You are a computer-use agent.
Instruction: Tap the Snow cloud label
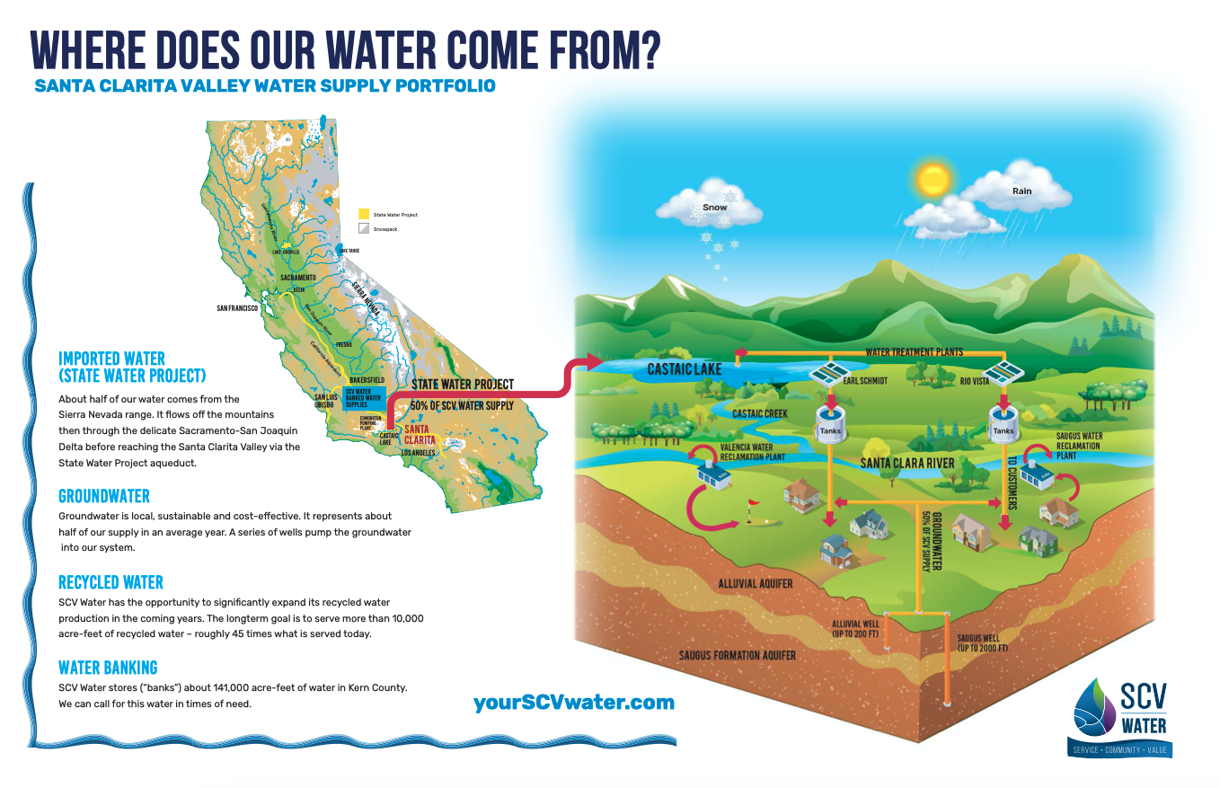pyautogui.click(x=715, y=208)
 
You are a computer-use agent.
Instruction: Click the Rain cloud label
pyautogui.click(x=1022, y=190)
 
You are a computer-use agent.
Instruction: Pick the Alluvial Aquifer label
pyautogui.click(x=756, y=584)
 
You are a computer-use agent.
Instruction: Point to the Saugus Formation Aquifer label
pyautogui.click(x=738, y=655)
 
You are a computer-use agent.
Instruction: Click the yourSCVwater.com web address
pyautogui.click(x=574, y=702)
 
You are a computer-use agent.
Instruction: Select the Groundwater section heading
pyautogui.click(x=104, y=496)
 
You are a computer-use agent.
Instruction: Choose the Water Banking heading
pyautogui.click(x=108, y=668)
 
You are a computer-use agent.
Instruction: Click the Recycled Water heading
pyautogui.click(x=111, y=582)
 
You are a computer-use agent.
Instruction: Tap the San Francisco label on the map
pyautogui.click(x=238, y=308)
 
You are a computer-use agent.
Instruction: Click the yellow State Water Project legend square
pyautogui.click(x=364, y=215)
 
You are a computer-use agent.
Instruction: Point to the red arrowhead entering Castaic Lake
pyautogui.click(x=594, y=361)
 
